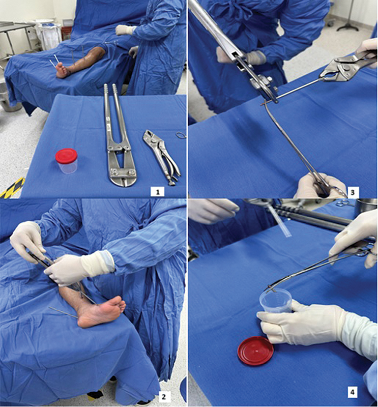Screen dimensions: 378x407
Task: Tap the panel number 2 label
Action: pos(163,397)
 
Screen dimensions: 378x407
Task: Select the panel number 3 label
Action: pos(352,192)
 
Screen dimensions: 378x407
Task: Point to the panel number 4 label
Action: pos(352,392)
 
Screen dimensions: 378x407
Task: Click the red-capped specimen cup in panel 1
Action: pos(67,161)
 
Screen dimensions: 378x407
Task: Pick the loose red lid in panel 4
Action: pos(255,351)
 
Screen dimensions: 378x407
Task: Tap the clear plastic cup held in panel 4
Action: pos(276,300)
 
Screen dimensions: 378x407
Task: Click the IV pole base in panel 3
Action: pos(348,27)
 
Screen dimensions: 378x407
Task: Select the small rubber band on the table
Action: pos(181,135)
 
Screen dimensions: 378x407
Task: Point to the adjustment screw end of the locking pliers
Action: pos(171,183)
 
